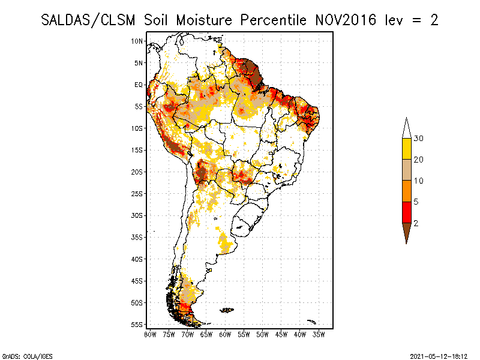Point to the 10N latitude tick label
137,41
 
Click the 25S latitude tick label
137,193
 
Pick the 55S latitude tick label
137,324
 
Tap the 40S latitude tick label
137,259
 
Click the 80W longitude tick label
150,334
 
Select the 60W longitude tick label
225,334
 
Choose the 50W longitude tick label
262,334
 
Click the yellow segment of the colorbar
406,148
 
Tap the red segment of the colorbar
406,212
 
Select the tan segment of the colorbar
406,170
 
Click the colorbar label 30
419,139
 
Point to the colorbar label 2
416,223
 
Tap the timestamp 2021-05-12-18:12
438,355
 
